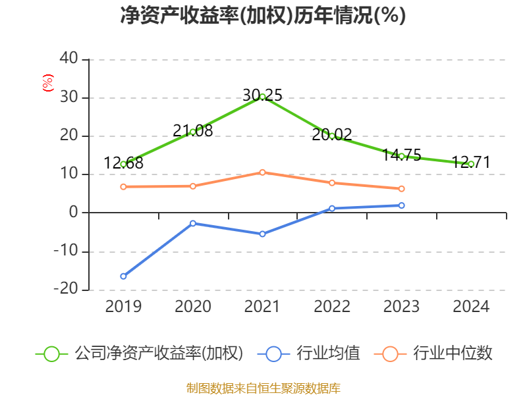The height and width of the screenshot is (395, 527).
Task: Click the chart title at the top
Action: point(263,16)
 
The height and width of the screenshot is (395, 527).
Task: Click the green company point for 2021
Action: point(262,97)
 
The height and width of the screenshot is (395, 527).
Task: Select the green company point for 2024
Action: point(471,164)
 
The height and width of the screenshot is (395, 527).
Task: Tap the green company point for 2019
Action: point(123,164)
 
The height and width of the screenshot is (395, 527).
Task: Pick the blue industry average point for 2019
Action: point(123,276)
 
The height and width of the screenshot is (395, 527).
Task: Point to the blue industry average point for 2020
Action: point(193,223)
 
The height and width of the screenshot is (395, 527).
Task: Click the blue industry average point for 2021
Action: point(262,234)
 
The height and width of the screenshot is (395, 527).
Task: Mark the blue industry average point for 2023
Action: point(401,205)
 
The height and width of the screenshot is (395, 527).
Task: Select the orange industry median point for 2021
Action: point(262,172)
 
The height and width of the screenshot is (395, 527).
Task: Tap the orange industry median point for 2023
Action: point(401,189)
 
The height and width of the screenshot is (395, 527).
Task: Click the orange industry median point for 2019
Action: point(123,186)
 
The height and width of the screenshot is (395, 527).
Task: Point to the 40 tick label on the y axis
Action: point(69,60)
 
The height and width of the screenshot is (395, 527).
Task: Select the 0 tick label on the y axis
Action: point(74,213)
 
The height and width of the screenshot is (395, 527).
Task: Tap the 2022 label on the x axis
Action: point(332,307)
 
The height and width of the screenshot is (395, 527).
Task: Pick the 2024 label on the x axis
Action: point(471,307)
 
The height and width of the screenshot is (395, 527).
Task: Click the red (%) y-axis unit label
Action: point(47,83)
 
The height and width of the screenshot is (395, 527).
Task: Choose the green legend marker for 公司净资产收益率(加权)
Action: point(52,354)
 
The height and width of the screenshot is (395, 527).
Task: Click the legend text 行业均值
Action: point(329,354)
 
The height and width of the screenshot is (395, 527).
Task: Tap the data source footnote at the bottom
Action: point(263,388)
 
